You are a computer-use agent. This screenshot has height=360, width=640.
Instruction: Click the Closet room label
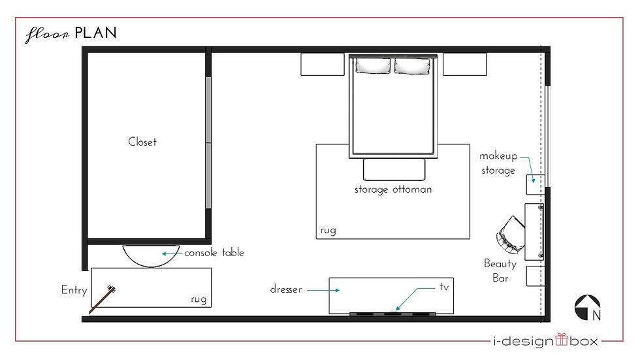click(x=142, y=142)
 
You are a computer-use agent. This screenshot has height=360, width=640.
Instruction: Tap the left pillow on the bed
click(x=373, y=66)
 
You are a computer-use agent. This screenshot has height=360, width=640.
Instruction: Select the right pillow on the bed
click(x=412, y=66)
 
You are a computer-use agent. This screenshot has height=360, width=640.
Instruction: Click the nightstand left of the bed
click(x=323, y=64)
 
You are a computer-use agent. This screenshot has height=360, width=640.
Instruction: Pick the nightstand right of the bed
click(x=465, y=64)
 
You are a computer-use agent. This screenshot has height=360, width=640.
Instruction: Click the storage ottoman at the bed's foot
click(x=394, y=169)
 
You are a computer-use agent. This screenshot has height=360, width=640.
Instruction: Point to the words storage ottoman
click(x=393, y=189)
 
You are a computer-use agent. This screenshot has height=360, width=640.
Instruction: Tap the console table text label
click(x=214, y=253)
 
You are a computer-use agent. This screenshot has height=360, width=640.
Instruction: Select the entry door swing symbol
click(x=102, y=300)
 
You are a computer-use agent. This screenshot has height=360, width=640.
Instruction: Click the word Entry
click(x=74, y=290)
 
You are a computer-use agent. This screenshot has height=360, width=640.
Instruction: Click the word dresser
click(x=286, y=289)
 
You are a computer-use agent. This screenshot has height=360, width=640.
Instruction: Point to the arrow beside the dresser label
click(x=323, y=290)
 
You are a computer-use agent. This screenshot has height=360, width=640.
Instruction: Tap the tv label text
click(x=444, y=287)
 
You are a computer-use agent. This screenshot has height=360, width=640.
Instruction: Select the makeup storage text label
click(x=498, y=163)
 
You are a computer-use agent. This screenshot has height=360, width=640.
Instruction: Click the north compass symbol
click(x=587, y=308)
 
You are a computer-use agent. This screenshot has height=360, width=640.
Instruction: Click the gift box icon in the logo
click(x=562, y=339)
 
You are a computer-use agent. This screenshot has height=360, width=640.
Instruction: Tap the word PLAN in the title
click(x=96, y=33)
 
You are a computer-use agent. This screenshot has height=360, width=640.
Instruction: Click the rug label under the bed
click(x=328, y=231)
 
